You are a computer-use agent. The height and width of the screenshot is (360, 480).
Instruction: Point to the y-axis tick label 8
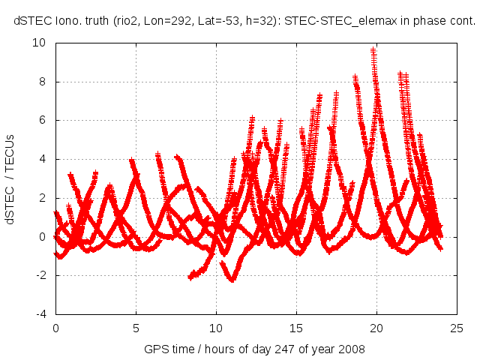point(43,82)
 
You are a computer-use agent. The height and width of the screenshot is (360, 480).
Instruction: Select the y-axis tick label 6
point(43,120)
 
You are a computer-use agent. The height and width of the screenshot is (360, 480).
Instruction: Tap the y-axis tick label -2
point(40,275)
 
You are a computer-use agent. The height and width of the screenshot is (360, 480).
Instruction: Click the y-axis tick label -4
point(40,313)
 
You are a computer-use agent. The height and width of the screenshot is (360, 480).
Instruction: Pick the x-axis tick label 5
point(136,328)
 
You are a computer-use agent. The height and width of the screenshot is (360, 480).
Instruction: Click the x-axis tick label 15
point(296,328)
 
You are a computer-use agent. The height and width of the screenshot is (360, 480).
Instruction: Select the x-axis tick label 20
point(376,328)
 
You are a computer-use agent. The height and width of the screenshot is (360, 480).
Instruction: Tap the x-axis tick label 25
point(457,328)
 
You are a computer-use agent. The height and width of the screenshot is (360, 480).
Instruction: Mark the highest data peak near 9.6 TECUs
point(373,50)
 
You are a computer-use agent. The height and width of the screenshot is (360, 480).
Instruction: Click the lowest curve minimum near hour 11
point(232,280)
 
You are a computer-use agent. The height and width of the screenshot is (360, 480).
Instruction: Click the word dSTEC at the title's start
point(31,21)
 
